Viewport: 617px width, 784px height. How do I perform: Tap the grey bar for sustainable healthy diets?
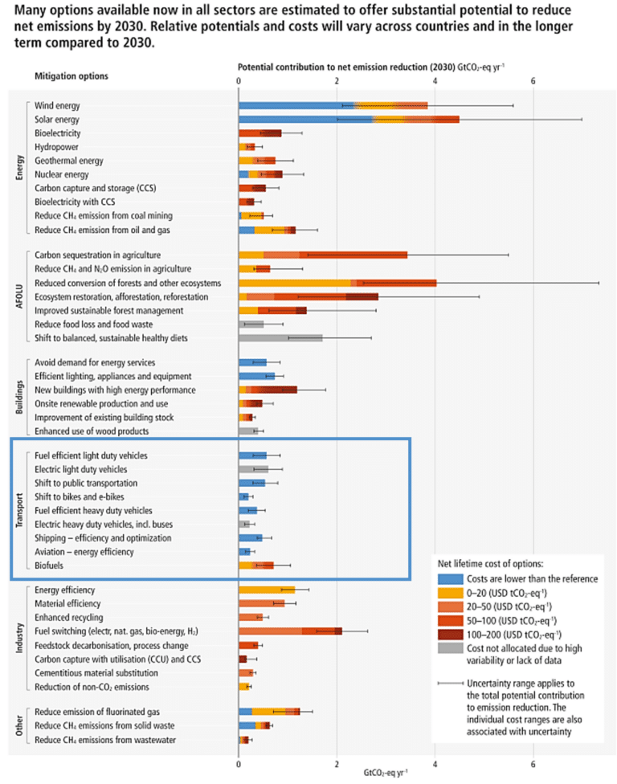(280, 338)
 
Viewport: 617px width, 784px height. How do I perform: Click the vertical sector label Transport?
(20, 510)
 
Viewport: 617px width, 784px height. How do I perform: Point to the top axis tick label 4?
(435, 80)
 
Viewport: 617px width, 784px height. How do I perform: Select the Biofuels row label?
(50, 566)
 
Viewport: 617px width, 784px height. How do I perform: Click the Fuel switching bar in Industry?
(290, 631)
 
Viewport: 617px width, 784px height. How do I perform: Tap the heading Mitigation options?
(72, 76)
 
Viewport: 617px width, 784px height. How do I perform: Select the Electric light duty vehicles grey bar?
(254, 469)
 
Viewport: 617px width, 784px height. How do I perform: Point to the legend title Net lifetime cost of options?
(489, 562)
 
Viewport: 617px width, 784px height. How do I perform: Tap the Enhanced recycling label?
(68, 617)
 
